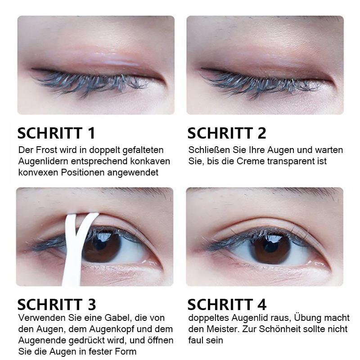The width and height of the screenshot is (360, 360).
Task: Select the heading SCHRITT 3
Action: click(57, 304)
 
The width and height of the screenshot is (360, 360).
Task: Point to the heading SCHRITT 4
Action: click(227, 304)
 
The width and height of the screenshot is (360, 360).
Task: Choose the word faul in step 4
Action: click(196, 341)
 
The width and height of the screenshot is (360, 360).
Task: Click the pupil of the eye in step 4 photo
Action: click(269, 246)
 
